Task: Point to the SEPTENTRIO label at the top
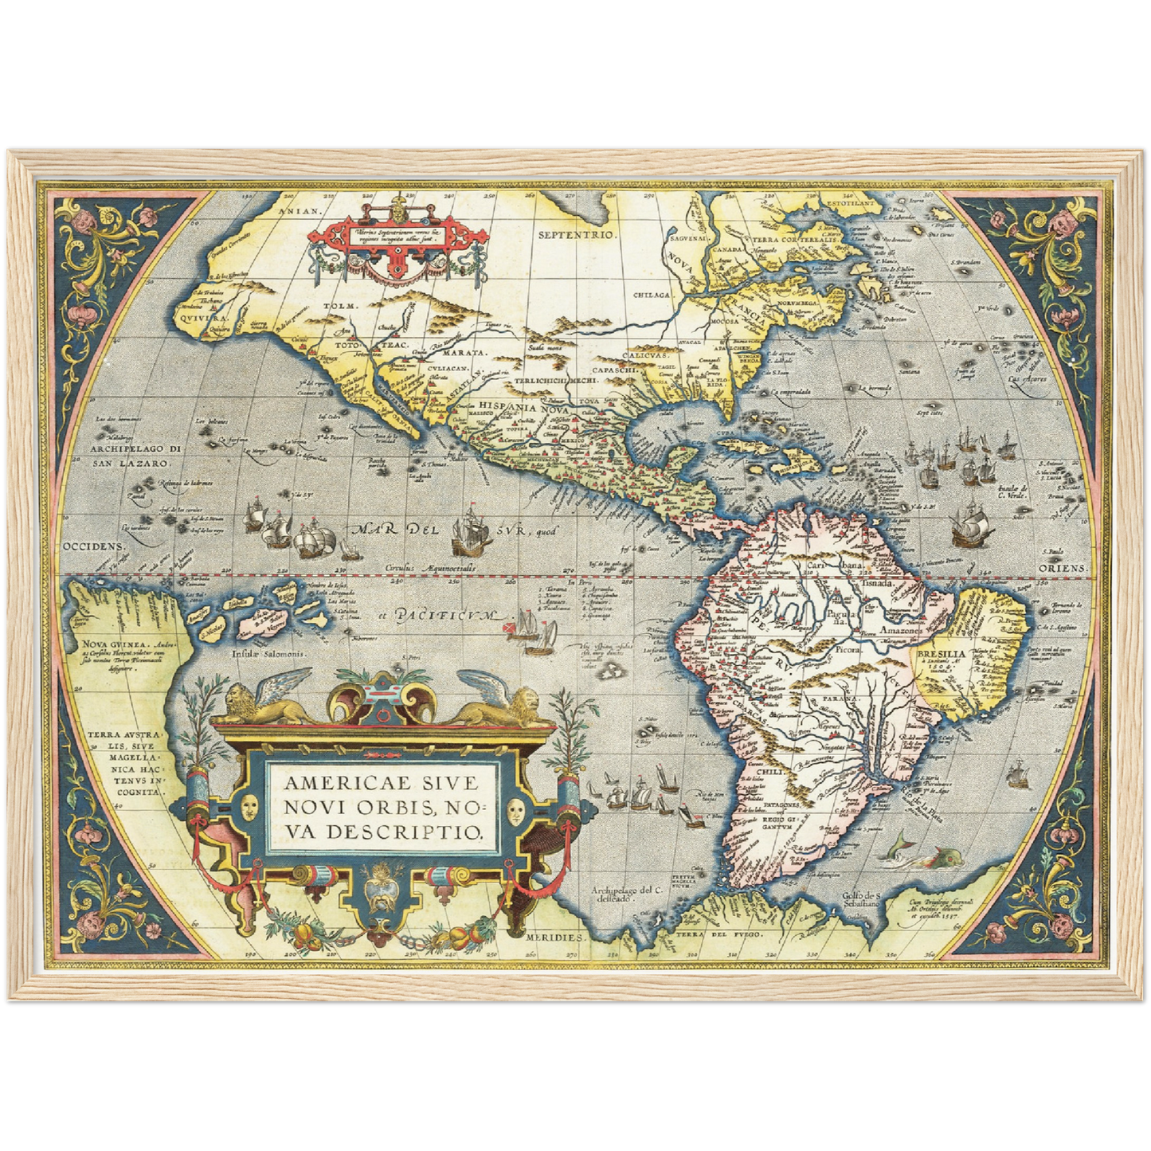click(x=577, y=235)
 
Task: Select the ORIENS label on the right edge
click(x=1062, y=568)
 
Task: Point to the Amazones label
click(x=901, y=630)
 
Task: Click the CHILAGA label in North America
click(x=652, y=295)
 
